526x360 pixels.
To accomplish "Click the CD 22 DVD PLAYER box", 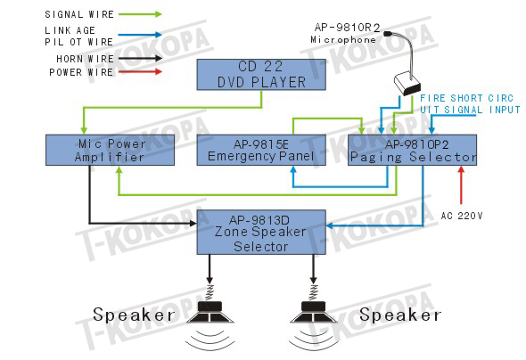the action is [x=261, y=75].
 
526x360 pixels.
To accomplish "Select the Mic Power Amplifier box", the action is [x=110, y=151].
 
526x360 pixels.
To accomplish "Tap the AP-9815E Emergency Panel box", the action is [x=261, y=151].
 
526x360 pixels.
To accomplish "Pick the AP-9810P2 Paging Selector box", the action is [x=412, y=151].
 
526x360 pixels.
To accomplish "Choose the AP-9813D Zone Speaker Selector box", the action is [x=261, y=233].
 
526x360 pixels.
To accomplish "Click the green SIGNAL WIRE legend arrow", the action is [x=140, y=14].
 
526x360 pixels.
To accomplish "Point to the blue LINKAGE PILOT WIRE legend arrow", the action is [x=140, y=35].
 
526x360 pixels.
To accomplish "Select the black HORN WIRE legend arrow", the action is [x=140, y=58].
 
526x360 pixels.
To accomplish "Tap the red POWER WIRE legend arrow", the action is [x=140, y=71].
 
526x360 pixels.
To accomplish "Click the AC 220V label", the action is [x=462, y=216].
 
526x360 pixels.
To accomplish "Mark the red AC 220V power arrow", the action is [x=461, y=185].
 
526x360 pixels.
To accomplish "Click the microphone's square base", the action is [x=407, y=84].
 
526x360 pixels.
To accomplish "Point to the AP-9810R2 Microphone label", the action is [x=346, y=33].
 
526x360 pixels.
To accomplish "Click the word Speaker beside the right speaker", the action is [x=400, y=315].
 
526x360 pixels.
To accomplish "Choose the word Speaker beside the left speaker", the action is [x=134, y=315].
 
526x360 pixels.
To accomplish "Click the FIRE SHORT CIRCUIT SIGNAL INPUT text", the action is [x=470, y=104].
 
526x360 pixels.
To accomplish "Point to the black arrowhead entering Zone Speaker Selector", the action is [x=193, y=223].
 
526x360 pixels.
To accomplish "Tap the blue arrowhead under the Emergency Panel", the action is [x=293, y=169].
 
